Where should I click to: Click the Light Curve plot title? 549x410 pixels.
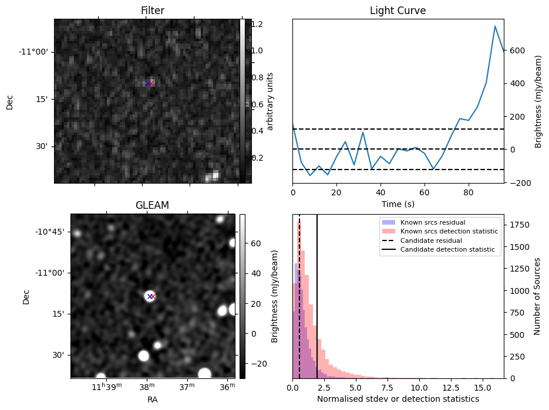coord(398,11)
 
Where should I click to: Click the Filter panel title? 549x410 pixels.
coord(152,11)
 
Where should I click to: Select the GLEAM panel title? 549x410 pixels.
coord(152,205)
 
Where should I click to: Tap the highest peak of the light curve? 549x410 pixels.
coord(495,26)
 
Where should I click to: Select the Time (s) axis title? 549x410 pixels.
coord(398,203)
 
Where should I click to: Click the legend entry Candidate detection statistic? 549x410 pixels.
coord(447,250)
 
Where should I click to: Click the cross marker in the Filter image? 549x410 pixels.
coord(149,83)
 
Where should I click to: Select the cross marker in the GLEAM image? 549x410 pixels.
coord(151,296)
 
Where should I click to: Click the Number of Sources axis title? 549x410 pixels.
coord(537,296)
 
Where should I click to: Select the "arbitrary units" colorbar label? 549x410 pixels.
coord(270,101)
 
